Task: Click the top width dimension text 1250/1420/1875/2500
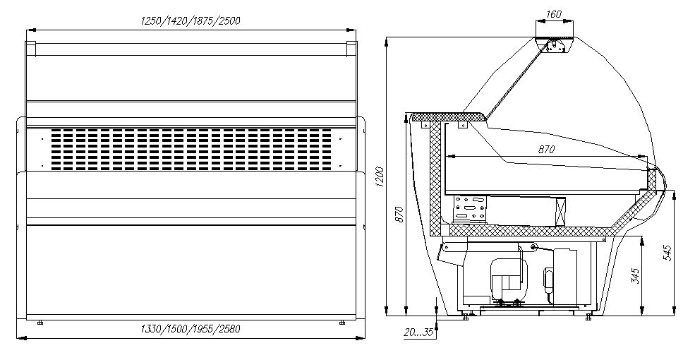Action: (x=190, y=21)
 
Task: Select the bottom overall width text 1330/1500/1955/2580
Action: (x=190, y=329)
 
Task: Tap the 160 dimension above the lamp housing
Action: (x=554, y=13)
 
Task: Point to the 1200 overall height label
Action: (x=380, y=177)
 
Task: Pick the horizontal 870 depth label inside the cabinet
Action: (x=546, y=150)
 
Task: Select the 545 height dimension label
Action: (x=669, y=253)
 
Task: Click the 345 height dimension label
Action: (x=635, y=275)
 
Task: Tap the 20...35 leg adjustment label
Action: (x=418, y=332)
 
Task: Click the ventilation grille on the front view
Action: (x=191, y=150)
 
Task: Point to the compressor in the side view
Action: (x=509, y=280)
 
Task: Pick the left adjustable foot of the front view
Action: (x=40, y=323)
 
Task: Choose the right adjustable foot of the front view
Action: (x=342, y=323)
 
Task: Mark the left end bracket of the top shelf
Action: (x=30, y=49)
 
